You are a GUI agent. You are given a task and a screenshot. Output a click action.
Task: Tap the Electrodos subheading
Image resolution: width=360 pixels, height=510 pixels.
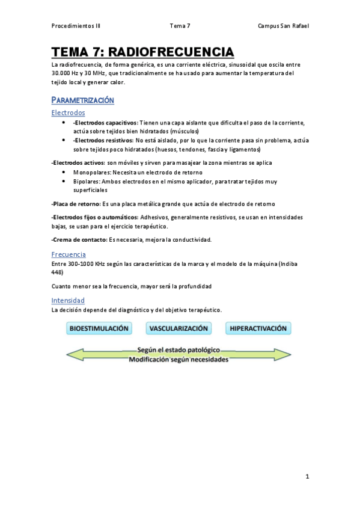(x=68, y=112)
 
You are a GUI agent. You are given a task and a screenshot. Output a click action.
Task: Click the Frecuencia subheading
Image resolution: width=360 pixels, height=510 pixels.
(x=68, y=254)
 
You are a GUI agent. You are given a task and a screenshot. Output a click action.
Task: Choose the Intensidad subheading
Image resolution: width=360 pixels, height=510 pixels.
(x=68, y=300)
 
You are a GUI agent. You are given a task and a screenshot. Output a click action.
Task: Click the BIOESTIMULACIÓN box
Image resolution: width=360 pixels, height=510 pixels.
(x=100, y=329)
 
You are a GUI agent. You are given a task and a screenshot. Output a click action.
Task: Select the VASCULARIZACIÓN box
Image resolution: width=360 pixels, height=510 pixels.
(x=179, y=329)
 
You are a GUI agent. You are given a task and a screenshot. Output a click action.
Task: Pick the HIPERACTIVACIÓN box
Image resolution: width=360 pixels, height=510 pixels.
(x=258, y=329)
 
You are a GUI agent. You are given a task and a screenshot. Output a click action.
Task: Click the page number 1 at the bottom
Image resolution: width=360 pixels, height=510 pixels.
(x=307, y=477)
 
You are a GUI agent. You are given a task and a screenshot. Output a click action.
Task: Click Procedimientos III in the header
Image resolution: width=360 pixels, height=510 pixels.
(x=76, y=26)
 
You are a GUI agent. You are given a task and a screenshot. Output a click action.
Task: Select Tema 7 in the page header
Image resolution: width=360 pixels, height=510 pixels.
(x=180, y=26)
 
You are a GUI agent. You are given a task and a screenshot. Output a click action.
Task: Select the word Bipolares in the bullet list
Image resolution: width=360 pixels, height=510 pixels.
(x=87, y=181)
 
